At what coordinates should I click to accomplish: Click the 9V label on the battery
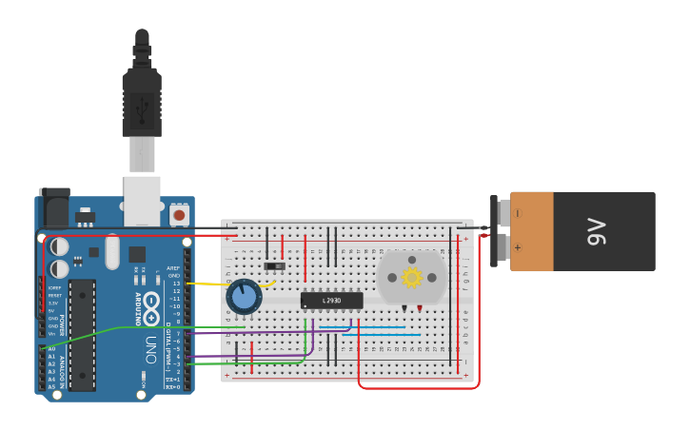coord(596,231)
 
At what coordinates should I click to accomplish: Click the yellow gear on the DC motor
coord(411,277)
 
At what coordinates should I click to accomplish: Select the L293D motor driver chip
coord(331,301)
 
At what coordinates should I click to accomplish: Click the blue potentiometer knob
coord(245,298)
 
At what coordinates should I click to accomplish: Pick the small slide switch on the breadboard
coord(274,265)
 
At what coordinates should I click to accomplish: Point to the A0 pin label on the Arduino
coord(51,349)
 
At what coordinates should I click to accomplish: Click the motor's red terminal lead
coord(419,308)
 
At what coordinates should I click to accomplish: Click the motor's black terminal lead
coord(404,308)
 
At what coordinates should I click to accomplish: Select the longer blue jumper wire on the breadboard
coord(381,335)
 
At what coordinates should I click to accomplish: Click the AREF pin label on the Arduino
coord(173,268)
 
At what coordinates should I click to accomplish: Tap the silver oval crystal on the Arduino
coord(112,252)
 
